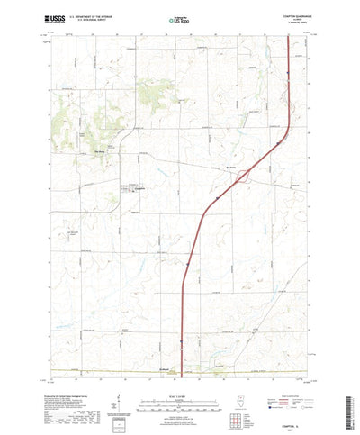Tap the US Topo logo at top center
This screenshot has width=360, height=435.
(179, 17)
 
